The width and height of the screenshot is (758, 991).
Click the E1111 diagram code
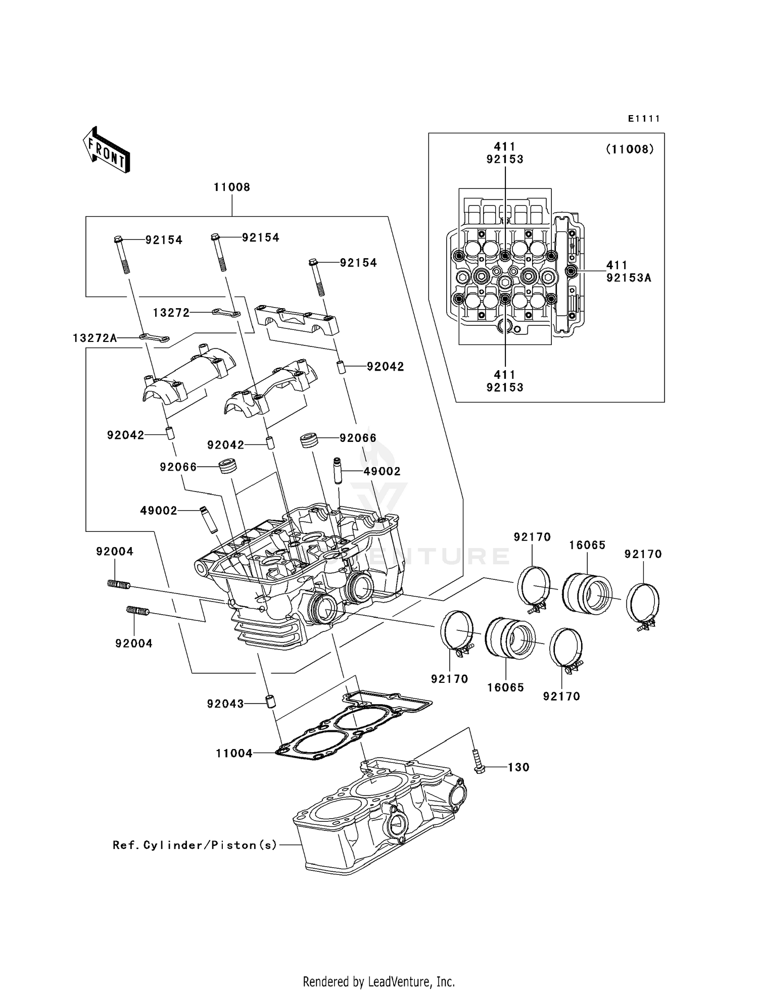(644, 119)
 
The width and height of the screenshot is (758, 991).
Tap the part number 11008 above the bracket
(232, 187)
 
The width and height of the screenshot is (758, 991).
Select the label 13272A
(95, 338)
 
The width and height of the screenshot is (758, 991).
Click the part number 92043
(225, 704)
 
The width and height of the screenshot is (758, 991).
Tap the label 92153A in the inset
(629, 278)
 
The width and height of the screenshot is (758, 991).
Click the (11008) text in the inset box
(630, 150)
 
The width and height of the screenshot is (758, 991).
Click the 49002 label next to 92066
(382, 471)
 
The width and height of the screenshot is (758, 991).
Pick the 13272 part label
(171, 313)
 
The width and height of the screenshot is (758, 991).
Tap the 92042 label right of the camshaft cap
(386, 367)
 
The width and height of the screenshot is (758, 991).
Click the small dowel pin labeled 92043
(270, 702)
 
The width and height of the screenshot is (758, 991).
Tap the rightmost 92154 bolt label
(358, 263)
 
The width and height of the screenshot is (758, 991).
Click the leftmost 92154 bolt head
(118, 239)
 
